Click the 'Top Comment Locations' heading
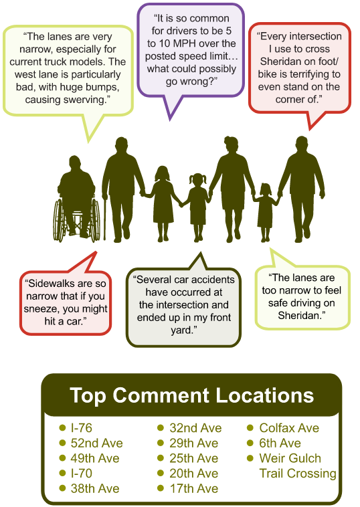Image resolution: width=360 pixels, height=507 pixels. (191, 395)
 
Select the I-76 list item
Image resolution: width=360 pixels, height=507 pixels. (81, 428)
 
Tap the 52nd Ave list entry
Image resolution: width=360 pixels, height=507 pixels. (96, 443)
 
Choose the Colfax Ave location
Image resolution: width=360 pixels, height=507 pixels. (289, 428)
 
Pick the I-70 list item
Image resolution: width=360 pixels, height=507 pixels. (81, 474)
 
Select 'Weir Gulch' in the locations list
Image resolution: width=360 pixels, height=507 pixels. (290, 459)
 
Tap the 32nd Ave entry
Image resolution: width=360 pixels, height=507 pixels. (193, 428)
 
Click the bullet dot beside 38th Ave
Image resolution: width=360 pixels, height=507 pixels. (63, 489)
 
